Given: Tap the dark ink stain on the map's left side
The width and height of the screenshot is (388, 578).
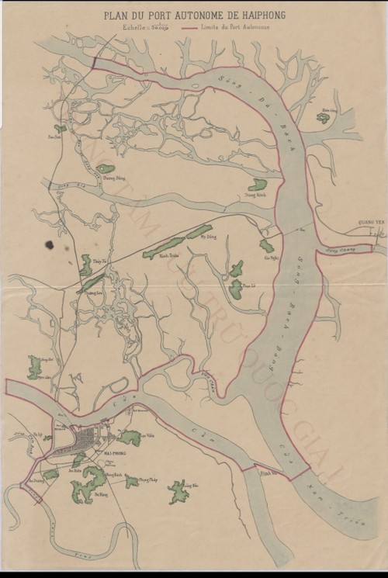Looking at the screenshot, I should (x=50, y=245).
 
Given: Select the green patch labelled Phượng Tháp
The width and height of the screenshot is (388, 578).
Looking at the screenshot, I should (x=133, y=481).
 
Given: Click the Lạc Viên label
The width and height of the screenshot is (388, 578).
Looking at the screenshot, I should (x=140, y=436).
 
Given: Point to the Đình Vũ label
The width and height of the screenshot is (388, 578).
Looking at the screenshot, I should (x=267, y=472).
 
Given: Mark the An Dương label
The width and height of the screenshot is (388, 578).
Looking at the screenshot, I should (x=34, y=480).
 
